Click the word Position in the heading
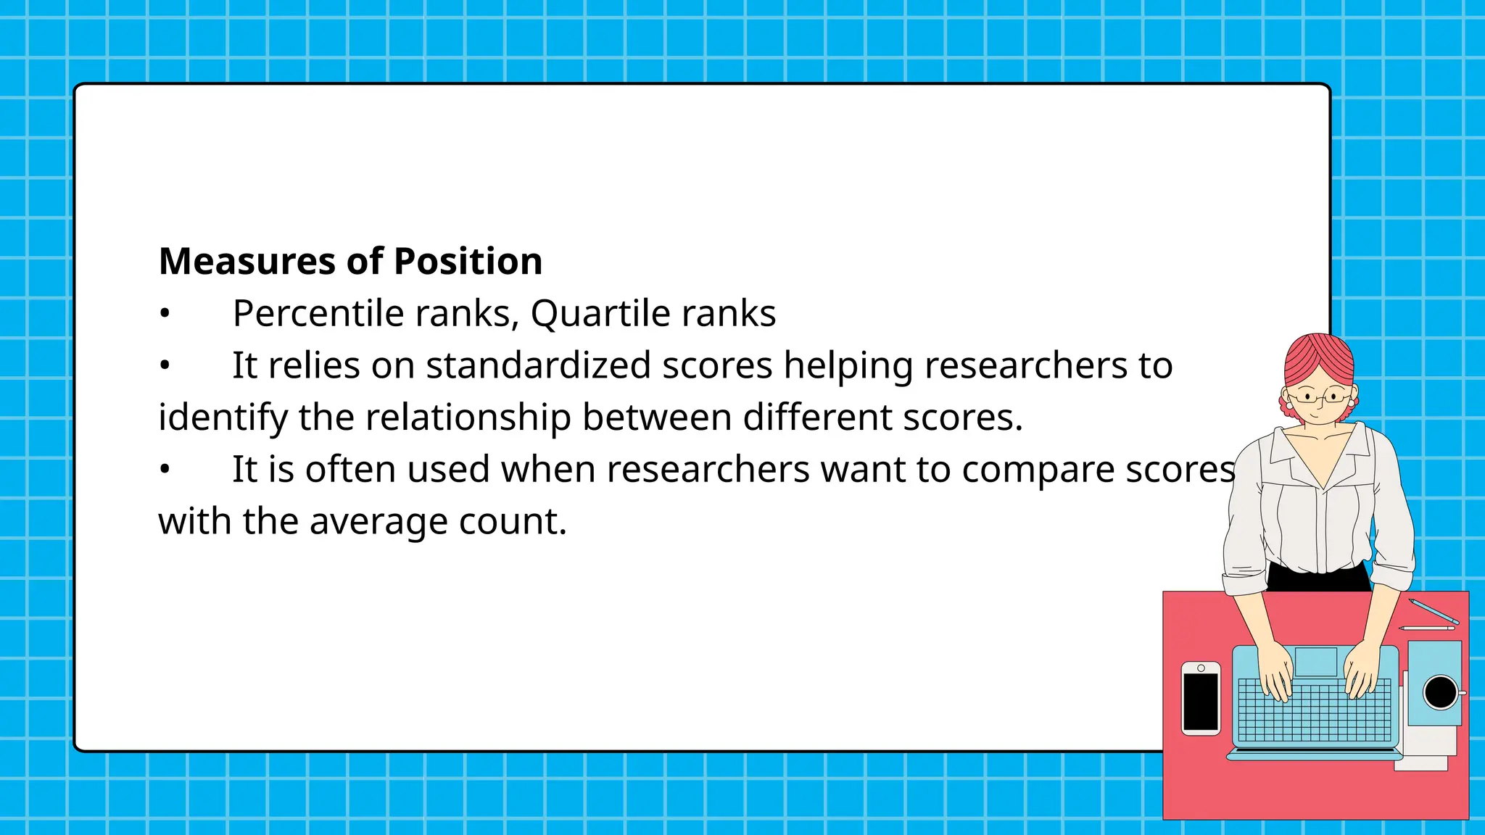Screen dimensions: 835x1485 [468, 262]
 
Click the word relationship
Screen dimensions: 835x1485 [468, 417]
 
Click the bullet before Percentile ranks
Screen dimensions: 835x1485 [165, 315]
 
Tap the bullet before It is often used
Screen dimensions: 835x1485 [165, 470]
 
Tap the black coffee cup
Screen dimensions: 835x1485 [1440, 691]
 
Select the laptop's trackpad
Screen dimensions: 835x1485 [1315, 662]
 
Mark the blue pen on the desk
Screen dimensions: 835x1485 [1434, 611]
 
